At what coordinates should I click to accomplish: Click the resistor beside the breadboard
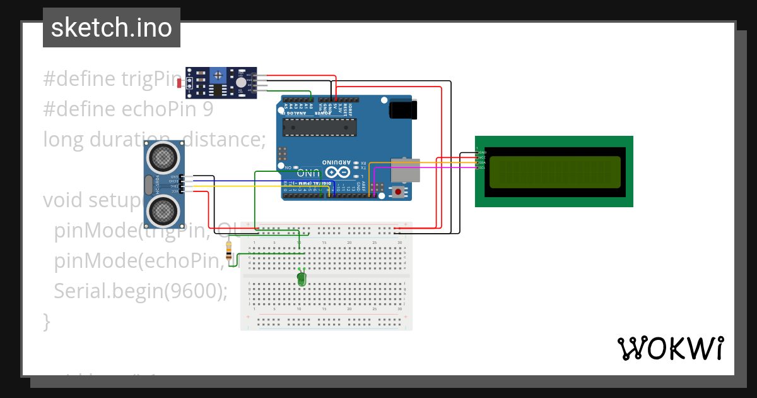pyautogui.click(x=228, y=251)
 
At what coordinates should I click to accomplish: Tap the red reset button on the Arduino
pyautogui.click(x=398, y=191)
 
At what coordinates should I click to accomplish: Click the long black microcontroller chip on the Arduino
pyautogui.click(x=319, y=128)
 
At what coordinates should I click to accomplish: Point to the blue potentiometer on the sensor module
pyautogui.click(x=218, y=75)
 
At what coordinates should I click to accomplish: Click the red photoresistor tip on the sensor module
pyautogui.click(x=179, y=83)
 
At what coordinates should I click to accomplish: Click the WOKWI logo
pyautogui.click(x=670, y=349)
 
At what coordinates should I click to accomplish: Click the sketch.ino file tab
pyautogui.click(x=112, y=28)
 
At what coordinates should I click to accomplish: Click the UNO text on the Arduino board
pyautogui.click(x=308, y=172)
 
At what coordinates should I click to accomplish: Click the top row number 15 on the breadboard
pyautogui.click(x=324, y=243)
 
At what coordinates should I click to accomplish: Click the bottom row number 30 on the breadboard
pyautogui.click(x=399, y=310)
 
